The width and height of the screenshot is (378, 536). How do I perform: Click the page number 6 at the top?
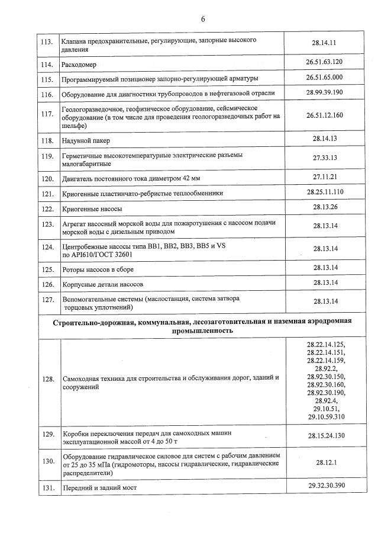pos(203,19)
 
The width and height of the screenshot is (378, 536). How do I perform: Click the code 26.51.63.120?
pos(325,62)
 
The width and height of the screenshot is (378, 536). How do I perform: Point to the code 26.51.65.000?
pos(325,77)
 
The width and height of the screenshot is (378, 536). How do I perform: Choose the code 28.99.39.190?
pos(325,92)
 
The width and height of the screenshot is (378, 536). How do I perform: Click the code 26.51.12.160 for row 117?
pos(325,115)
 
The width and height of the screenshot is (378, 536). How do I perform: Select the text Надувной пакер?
pos(86,141)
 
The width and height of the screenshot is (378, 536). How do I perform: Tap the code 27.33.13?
pos(325,158)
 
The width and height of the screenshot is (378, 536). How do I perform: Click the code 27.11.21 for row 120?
pos(325,176)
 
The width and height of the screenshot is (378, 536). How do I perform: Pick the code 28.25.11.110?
pos(325,192)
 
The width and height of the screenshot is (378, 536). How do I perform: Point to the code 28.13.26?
pos(325,207)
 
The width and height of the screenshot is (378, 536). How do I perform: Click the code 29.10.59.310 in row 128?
pos(325,418)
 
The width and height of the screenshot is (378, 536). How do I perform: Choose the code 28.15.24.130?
pos(325,436)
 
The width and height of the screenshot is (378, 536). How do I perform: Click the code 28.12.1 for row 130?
pos(325,460)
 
